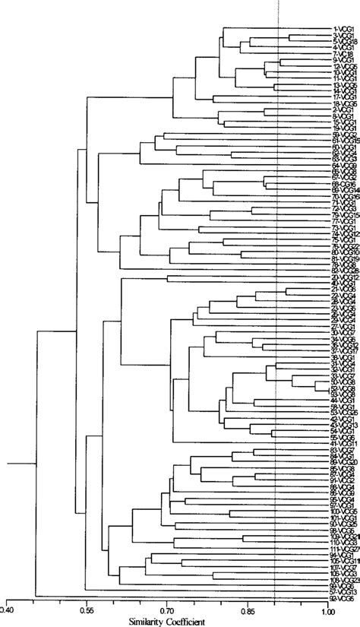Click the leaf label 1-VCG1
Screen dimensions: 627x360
(343, 29)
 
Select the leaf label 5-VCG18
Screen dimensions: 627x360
(344, 41)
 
